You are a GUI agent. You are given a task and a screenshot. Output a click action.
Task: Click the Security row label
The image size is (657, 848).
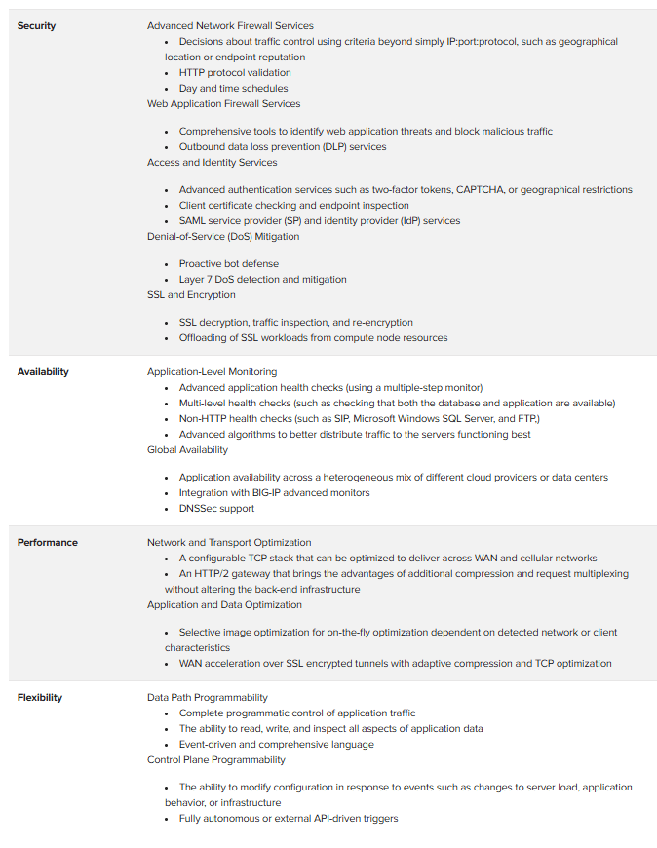coord(36,25)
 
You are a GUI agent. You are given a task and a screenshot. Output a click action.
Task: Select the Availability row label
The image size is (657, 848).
coord(43,371)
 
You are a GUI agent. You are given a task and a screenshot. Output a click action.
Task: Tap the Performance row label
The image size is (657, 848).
coord(47,542)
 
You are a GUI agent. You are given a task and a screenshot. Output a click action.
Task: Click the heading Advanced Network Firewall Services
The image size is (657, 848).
coord(230,25)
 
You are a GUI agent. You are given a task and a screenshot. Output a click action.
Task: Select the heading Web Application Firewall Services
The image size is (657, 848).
coord(223,103)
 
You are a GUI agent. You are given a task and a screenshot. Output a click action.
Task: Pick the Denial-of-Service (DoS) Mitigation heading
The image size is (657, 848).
coord(223,236)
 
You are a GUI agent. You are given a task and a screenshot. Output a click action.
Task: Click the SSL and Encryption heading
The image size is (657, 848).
coord(192,294)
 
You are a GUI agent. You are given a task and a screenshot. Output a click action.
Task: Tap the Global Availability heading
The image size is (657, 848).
coord(187,449)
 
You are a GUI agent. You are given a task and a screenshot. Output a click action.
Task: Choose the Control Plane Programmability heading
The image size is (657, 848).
coord(216,759)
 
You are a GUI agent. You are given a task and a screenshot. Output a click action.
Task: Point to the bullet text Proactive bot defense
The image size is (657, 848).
coord(228,263)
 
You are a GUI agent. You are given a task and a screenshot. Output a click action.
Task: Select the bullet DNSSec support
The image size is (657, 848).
coord(216,508)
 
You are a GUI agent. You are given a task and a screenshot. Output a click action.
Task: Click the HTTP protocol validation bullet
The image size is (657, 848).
coord(234,72)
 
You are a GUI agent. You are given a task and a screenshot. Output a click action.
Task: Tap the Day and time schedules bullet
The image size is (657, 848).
coord(233,88)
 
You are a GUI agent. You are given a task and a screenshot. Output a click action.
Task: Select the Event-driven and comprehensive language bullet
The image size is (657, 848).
coord(276,744)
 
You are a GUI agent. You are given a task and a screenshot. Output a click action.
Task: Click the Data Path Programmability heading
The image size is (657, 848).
coord(207,697)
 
